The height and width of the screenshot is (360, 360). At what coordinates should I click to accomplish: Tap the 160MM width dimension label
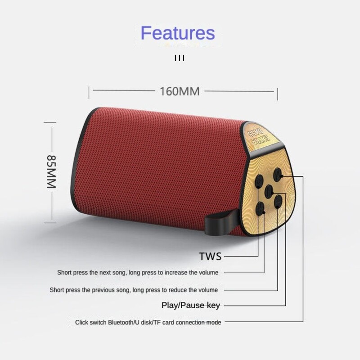pyautogui.click(x=179, y=91)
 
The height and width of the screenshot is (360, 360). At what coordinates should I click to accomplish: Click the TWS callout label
pyautogui.click(x=211, y=256)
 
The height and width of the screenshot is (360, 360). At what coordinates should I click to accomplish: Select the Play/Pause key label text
pyautogui.click(x=190, y=306)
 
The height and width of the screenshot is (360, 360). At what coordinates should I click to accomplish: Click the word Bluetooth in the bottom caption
pyautogui.click(x=121, y=322)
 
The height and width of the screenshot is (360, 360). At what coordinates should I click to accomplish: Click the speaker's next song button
pyautogui.click(x=260, y=180)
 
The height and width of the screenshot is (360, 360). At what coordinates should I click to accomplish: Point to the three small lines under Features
pyautogui.click(x=180, y=58)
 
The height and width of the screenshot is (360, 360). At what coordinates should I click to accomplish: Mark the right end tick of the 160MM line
pyautogui.click(x=277, y=92)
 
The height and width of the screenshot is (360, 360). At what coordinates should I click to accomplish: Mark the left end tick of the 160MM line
pyautogui.click(x=89, y=92)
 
